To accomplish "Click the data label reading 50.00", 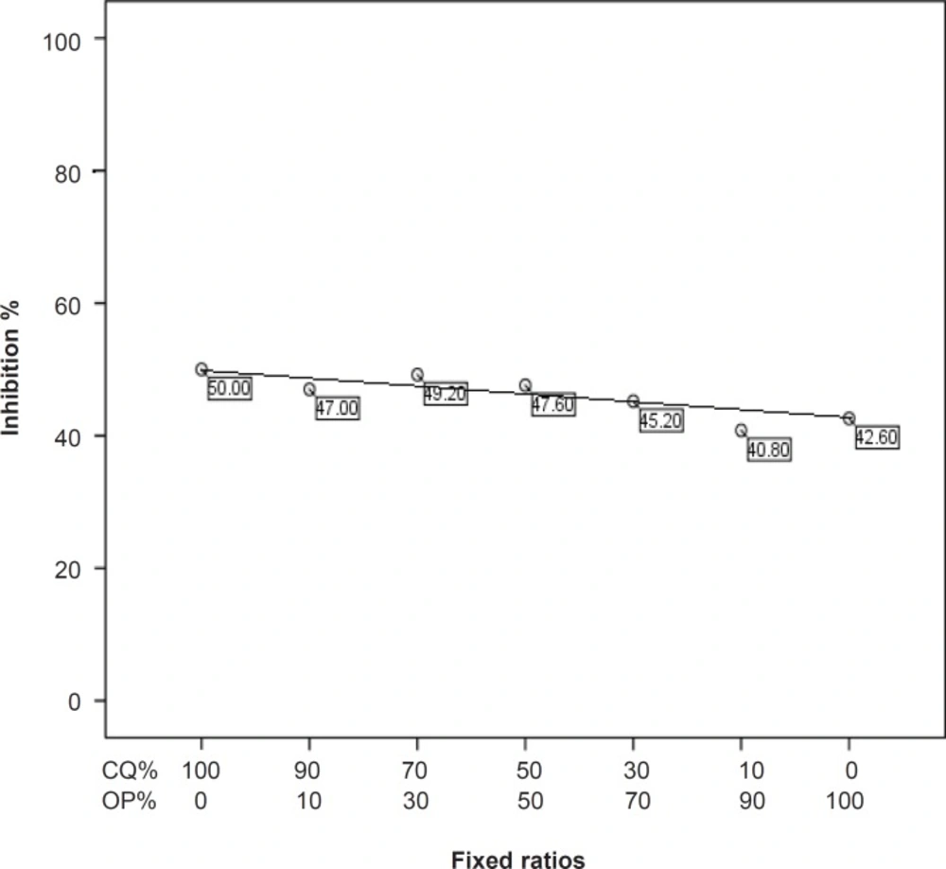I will click(229, 388).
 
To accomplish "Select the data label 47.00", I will click(337, 409).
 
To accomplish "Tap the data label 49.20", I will click(445, 394).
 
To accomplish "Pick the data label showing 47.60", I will click(552, 405).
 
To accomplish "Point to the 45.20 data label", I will click(660, 421).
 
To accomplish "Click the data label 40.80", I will click(768, 450).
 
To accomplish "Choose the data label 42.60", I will click(876, 437).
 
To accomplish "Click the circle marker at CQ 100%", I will click(201, 369).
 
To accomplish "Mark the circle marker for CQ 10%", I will click(741, 431).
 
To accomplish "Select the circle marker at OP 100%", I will click(850, 418).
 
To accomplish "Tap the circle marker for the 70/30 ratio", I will click(417, 375).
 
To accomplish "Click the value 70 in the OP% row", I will click(633, 801).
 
